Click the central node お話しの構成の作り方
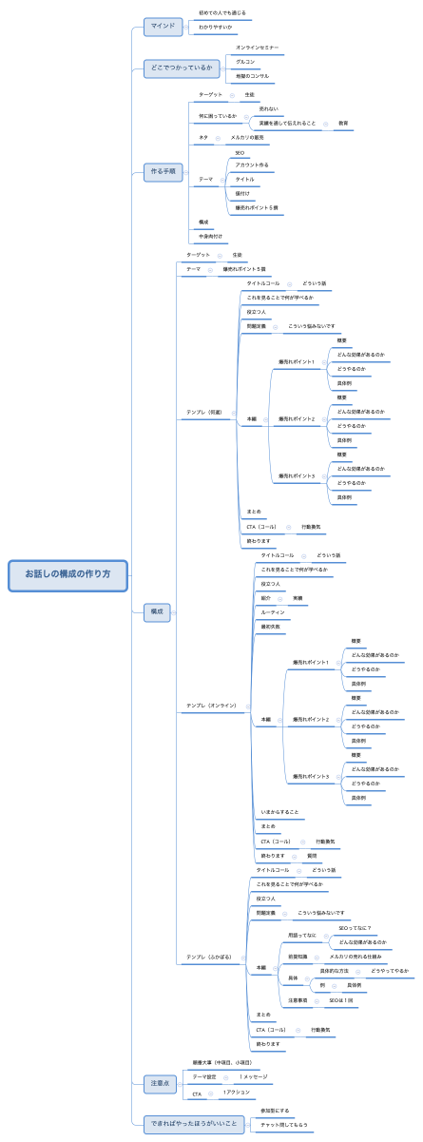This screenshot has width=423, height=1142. tap(67, 574)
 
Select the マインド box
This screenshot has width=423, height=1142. tap(163, 26)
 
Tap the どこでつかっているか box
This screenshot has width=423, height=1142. tap(182, 68)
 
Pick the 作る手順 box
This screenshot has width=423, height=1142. tap(163, 171)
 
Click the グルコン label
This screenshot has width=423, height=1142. tap(245, 61)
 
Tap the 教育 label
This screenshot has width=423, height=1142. tap(343, 124)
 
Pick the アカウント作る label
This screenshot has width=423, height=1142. tap(252, 165)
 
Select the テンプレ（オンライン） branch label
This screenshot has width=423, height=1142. tap(211, 706)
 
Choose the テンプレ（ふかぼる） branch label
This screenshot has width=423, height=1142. tap(209, 957)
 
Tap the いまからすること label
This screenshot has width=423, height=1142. tap(280, 812)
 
